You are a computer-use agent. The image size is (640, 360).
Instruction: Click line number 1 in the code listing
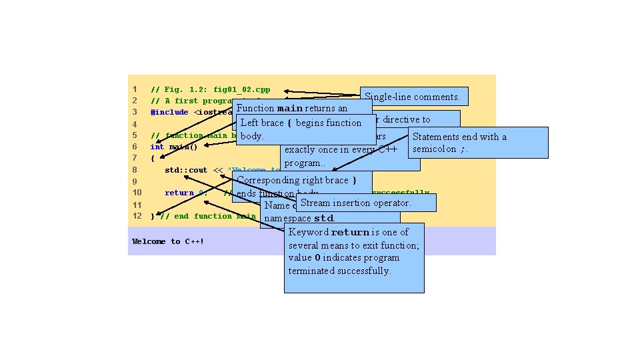click(134, 89)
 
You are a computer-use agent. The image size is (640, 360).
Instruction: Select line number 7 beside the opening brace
click(135, 158)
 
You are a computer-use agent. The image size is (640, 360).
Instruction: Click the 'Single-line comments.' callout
click(413, 97)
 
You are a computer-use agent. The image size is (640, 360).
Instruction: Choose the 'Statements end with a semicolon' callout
click(459, 143)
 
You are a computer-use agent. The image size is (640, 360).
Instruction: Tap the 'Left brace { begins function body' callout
click(301, 123)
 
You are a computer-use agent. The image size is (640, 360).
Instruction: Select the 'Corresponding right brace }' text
click(296, 180)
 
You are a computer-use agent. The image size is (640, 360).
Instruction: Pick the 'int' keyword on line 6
click(157, 147)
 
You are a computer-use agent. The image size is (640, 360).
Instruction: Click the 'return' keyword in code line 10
click(179, 193)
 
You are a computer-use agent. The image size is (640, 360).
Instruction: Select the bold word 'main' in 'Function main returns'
click(290, 108)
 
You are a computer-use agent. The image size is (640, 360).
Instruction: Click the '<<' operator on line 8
click(218, 170)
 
